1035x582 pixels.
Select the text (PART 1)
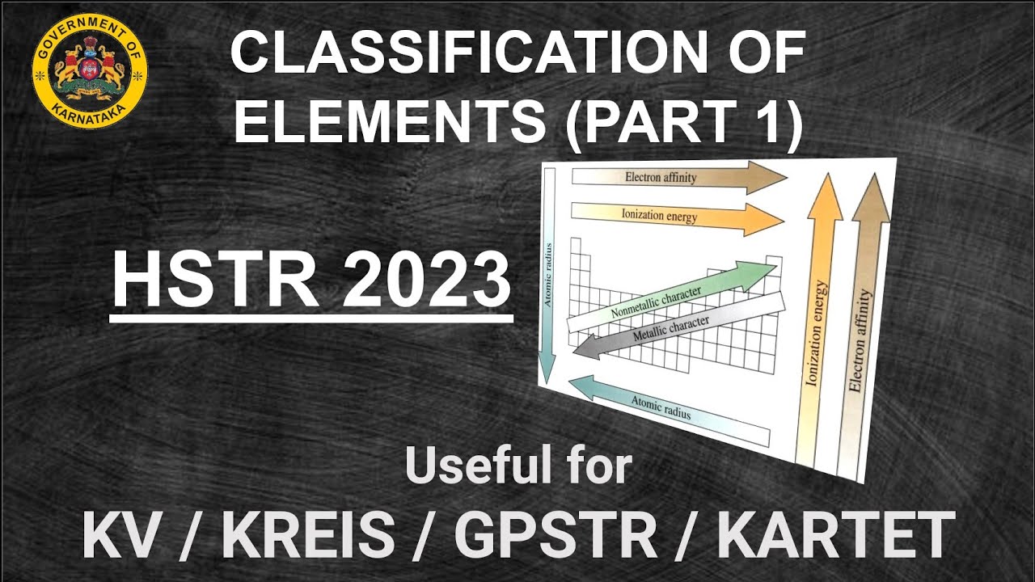coord(683,122)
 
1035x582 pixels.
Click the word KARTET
coord(832,535)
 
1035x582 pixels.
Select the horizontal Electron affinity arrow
coord(671,177)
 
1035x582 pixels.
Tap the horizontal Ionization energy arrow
coord(671,217)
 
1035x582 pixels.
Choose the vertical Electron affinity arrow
coord(862,323)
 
